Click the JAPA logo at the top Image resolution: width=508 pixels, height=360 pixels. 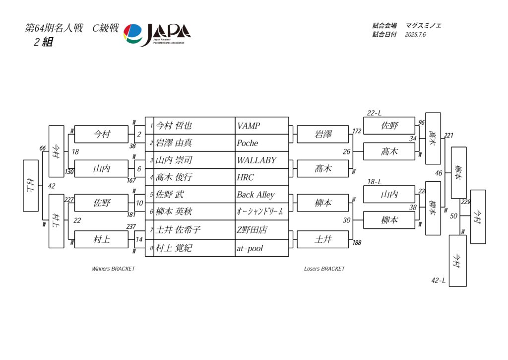click(x=157, y=35)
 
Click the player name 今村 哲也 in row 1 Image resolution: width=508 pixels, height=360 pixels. click(x=174, y=126)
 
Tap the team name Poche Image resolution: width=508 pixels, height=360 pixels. click(x=248, y=143)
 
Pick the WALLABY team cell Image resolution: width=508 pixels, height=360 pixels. click(x=256, y=160)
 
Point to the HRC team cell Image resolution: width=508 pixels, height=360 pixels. click(x=246, y=177)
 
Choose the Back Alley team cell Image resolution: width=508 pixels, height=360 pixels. click(x=255, y=195)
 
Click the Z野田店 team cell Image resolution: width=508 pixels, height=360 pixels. click(x=252, y=230)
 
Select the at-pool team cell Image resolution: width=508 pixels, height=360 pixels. click(x=250, y=248)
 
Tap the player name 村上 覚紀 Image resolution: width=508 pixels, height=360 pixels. click(x=174, y=248)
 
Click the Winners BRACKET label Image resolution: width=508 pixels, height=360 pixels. click(x=113, y=269)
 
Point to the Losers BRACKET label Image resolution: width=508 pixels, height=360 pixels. click(x=324, y=269)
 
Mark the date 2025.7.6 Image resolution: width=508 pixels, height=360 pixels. click(x=415, y=35)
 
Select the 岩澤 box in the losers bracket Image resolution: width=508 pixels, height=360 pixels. click(x=323, y=135)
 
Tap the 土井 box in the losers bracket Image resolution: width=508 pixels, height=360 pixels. click(x=323, y=239)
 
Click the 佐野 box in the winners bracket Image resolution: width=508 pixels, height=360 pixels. click(x=101, y=203)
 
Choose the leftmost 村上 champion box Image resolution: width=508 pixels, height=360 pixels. click(x=30, y=185)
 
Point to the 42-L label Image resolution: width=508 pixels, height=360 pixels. click(x=438, y=281)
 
